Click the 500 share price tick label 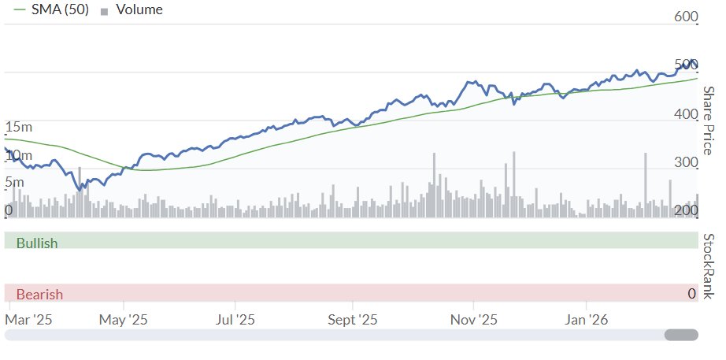[687, 65]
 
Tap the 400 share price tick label [687, 115]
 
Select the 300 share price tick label [687, 163]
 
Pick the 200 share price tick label [687, 210]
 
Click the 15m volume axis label [19, 127]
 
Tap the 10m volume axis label [19, 155]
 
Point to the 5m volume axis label [14, 183]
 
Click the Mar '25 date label [28, 320]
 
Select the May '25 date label [124, 320]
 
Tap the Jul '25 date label [235, 320]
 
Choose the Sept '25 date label [353, 320]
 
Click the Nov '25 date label [474, 320]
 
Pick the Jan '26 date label [587, 320]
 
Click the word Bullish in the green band [37, 243]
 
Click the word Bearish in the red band [39, 295]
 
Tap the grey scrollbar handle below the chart [681, 335]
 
